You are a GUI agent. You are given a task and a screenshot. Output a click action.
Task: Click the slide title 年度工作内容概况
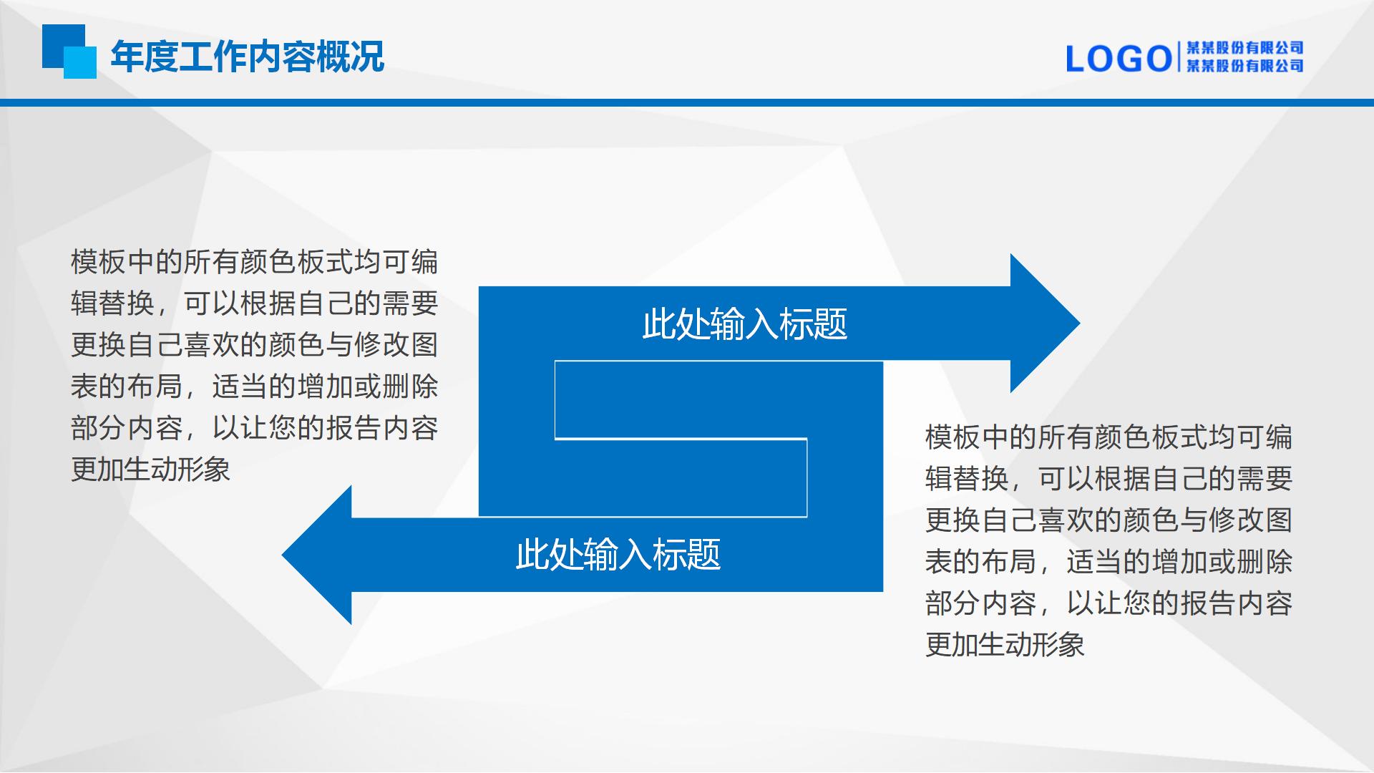tap(248, 57)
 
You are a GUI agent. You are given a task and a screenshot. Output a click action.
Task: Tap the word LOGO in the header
tap(1119, 59)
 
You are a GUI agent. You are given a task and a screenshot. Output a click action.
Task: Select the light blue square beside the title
tap(80, 62)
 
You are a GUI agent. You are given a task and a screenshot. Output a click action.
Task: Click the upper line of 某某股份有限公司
tap(1244, 48)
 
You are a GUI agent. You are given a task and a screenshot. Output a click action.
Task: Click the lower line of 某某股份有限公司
tap(1244, 66)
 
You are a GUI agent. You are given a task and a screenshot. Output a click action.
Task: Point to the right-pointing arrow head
tap(1045, 324)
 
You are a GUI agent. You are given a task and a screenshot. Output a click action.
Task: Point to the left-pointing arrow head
tap(317, 555)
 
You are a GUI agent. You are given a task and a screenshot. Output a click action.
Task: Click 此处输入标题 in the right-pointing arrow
tap(744, 324)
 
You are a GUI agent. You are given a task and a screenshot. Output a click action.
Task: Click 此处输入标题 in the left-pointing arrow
tap(618, 555)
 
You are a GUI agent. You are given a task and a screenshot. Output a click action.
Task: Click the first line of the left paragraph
tap(254, 262)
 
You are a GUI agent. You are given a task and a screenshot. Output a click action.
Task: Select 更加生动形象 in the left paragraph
tap(150, 470)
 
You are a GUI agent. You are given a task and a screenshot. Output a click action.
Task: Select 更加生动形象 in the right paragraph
tap(1005, 644)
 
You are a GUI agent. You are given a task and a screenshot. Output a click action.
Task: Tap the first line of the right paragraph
tap(1109, 437)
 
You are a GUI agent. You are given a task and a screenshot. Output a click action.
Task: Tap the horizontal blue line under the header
tap(687, 102)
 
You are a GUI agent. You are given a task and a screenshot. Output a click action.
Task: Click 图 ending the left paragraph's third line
tap(425, 345)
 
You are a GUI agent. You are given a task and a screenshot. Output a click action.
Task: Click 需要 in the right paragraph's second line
tap(1265, 478)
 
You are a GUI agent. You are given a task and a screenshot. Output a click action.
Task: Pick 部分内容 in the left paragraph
tap(127, 428)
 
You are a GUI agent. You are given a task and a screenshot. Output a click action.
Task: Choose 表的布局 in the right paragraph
tap(981, 561)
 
